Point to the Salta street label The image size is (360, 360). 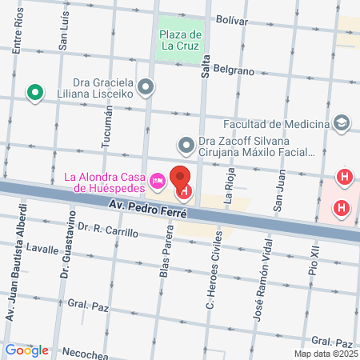pos(206,68)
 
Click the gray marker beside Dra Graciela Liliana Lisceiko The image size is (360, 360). pos(146,86)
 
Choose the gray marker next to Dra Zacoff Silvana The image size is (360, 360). pos(186,145)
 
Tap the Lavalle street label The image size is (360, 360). pos(41,249)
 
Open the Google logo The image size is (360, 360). pos(26,350)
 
